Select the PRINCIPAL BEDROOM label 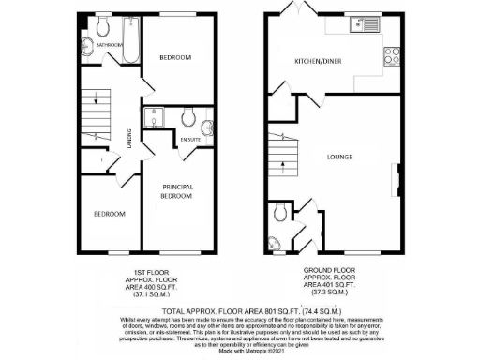[x=176, y=191]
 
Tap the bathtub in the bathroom [x=131, y=37]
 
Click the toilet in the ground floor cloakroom [x=279, y=215]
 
